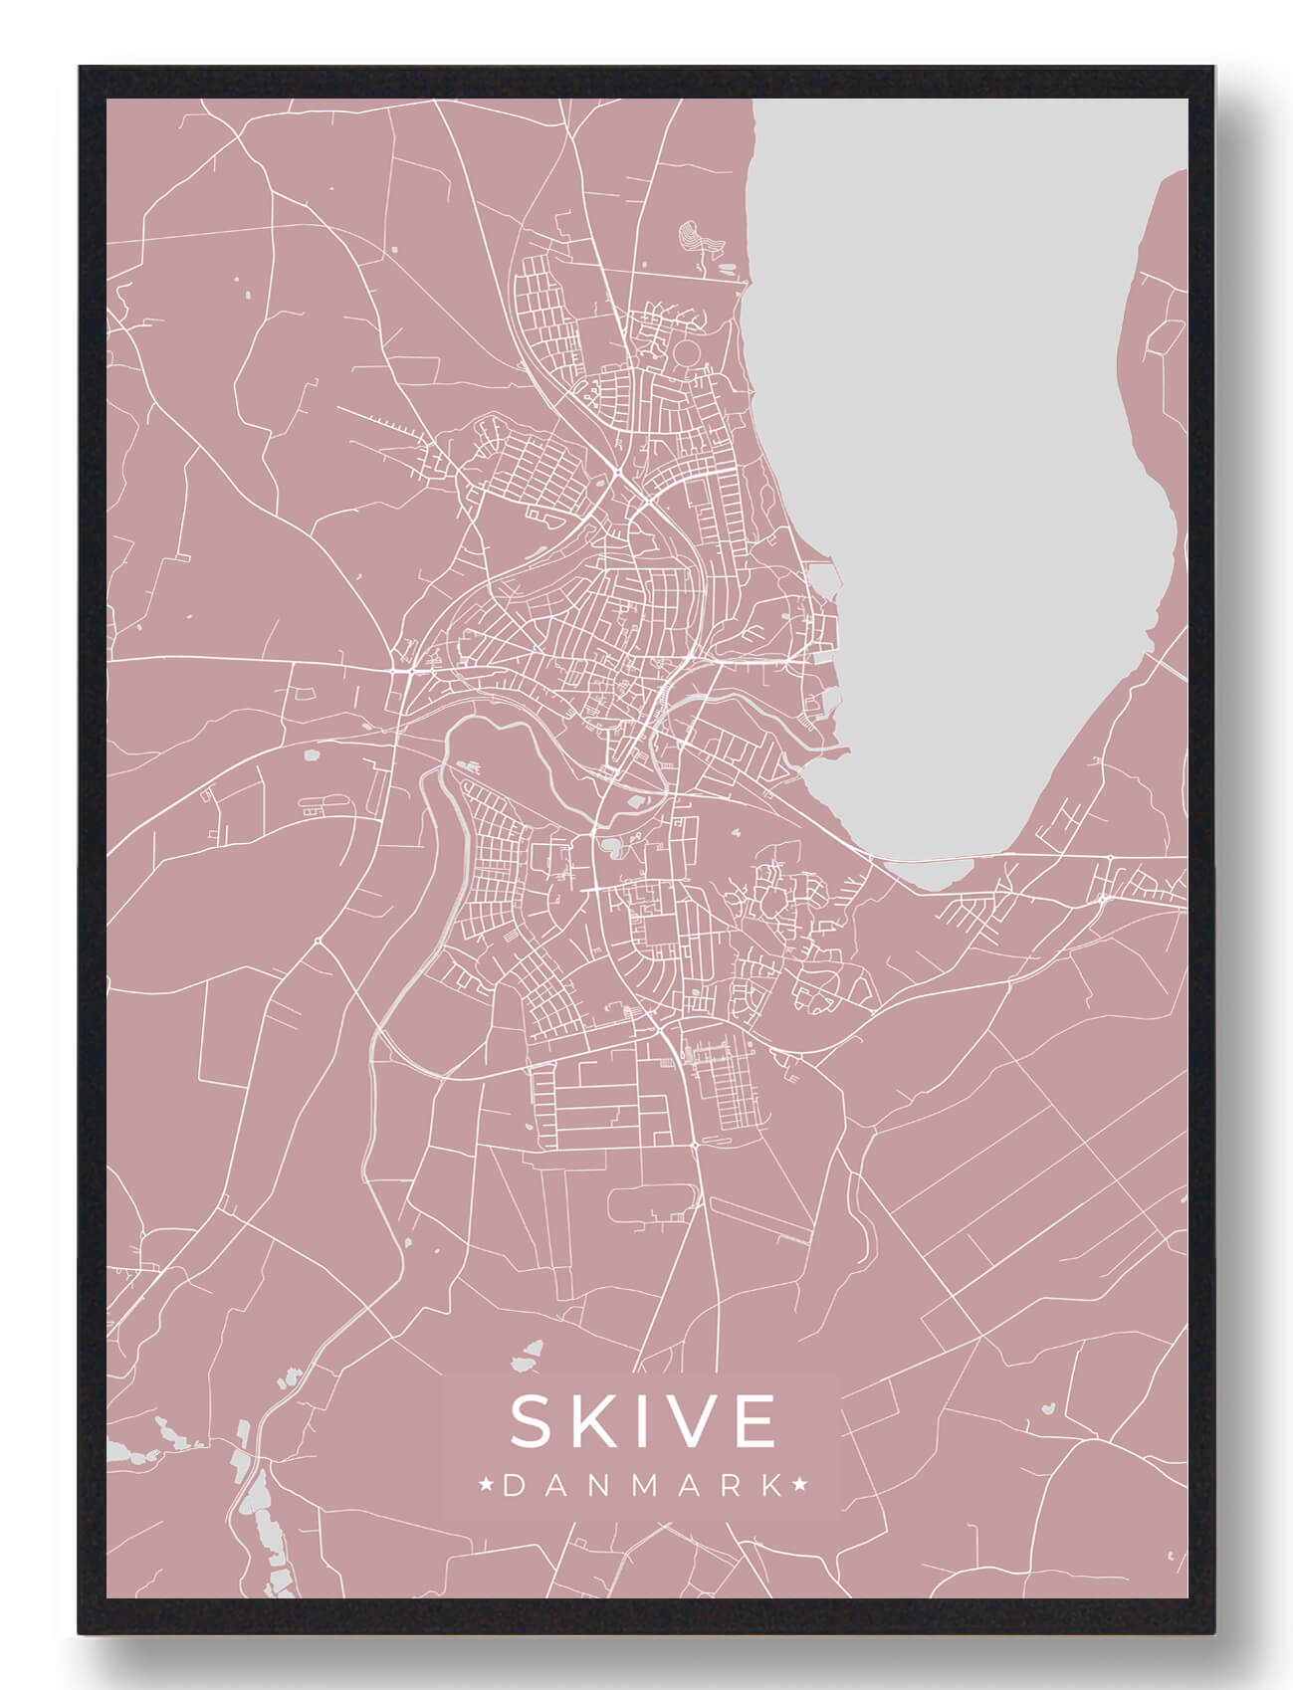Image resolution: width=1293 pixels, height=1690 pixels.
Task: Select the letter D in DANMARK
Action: coord(514,1487)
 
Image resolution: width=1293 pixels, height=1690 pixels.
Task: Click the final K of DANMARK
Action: coord(770,1487)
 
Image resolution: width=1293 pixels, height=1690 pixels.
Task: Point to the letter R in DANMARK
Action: coord(729,1487)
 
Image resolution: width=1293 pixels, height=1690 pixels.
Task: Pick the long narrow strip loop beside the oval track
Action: coord(758,1221)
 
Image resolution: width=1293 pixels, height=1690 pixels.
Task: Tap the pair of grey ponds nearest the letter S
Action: coord(527,1356)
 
